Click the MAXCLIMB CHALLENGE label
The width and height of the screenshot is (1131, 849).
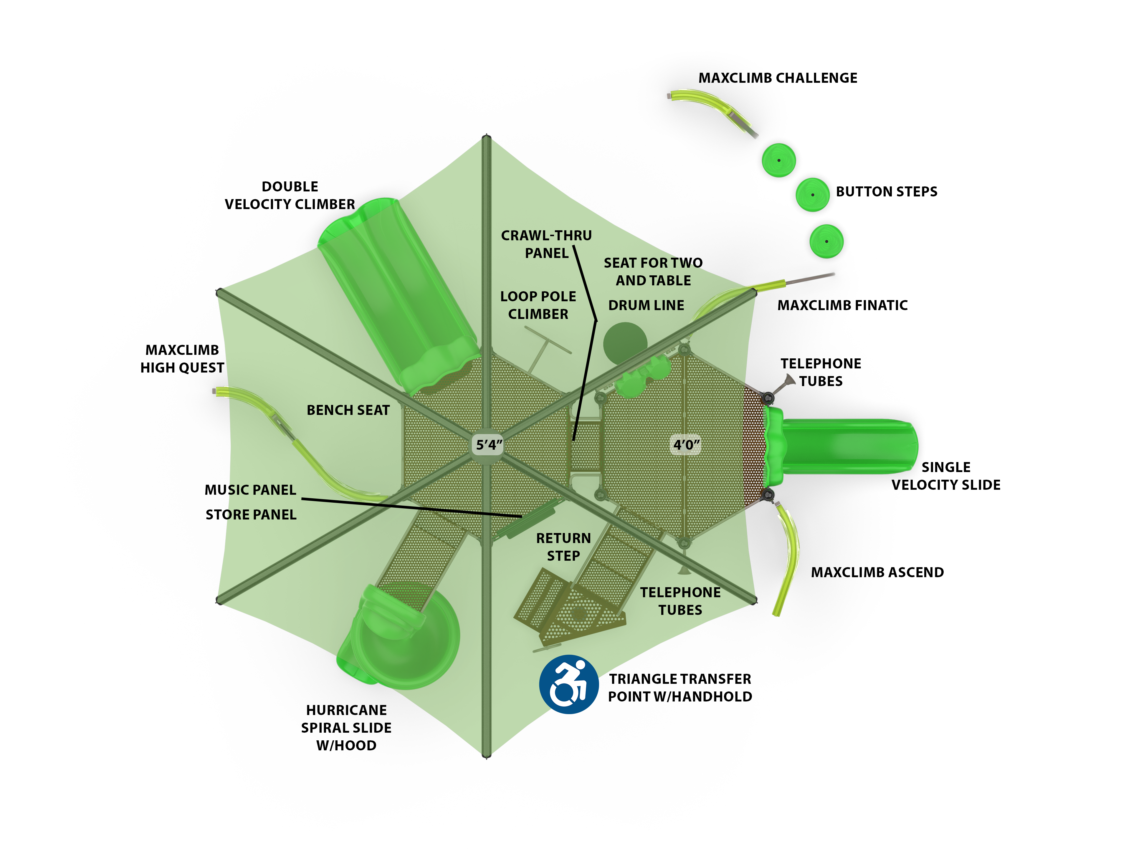coord(778,78)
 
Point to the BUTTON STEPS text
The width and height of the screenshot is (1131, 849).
coord(886,192)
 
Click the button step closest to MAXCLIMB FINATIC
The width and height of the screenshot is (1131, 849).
coord(826,241)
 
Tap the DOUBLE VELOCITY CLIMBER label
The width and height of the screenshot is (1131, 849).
coord(290,195)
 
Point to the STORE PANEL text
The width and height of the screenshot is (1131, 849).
coord(251,515)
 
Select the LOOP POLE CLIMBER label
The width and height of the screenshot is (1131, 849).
coord(538,305)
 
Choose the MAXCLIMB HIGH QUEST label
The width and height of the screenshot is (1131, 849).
coord(182,359)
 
